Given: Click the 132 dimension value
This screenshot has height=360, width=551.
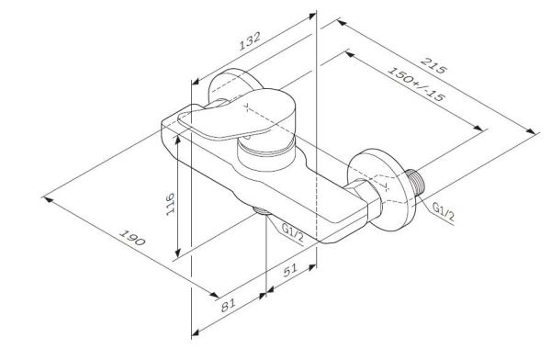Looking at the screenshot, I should tap(250, 42).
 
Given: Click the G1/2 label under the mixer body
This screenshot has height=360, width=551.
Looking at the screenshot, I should tap(293, 230).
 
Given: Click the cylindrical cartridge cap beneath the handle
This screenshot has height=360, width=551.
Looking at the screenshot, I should tap(266, 152).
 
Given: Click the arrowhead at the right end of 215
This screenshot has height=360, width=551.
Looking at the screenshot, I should tap(537, 134).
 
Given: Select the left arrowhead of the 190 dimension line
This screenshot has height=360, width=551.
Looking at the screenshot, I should tap(47, 196).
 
